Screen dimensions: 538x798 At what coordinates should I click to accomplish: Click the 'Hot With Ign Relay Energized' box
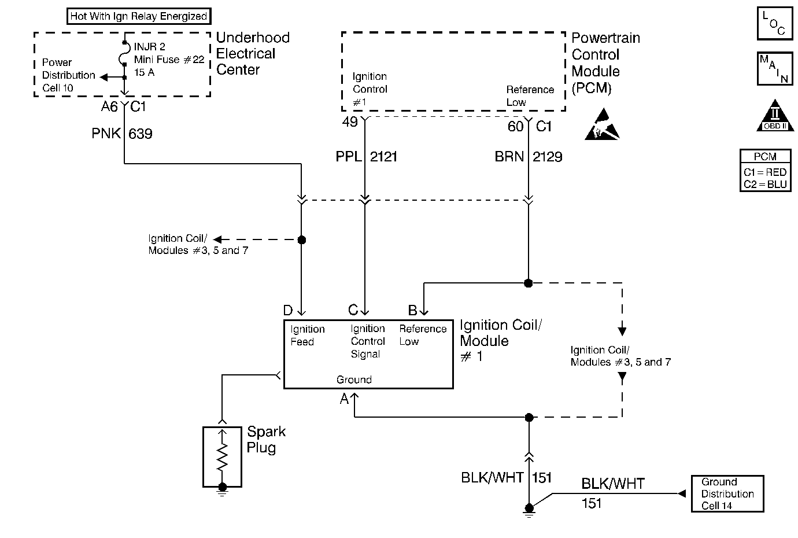pos(138,16)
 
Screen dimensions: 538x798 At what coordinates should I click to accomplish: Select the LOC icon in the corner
pos(774,24)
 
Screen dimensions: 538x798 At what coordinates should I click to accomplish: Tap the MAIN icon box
pos(774,69)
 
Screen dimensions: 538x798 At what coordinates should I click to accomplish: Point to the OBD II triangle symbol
pos(774,117)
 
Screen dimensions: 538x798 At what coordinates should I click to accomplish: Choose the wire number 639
pos(140,134)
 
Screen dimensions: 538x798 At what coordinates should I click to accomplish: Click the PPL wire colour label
pos(348,157)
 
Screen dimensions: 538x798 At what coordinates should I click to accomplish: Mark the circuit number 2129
pos(547,157)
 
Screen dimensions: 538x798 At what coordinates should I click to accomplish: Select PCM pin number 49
pos(350,123)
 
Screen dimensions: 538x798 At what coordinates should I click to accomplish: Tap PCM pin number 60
pos(515,127)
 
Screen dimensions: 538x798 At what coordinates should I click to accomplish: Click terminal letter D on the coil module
pos(287,311)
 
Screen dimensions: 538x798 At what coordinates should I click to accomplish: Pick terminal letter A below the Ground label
pos(345,399)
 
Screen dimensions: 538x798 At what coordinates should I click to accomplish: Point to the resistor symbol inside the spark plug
pos(222,457)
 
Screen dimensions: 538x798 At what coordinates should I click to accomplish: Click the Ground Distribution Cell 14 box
pos(727,493)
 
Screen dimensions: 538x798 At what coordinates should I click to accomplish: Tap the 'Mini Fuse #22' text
pos(169,60)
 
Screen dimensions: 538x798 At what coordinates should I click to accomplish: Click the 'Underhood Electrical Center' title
pos(253,54)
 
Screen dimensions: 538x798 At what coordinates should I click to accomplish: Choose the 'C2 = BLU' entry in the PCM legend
pos(765,184)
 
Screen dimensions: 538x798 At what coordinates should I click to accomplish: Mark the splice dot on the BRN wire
pos(528,283)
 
